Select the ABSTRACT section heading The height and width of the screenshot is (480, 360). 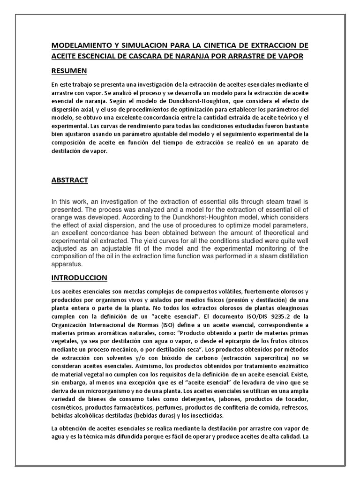pos(69,180)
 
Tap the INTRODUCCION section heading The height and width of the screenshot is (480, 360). pos(79,278)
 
